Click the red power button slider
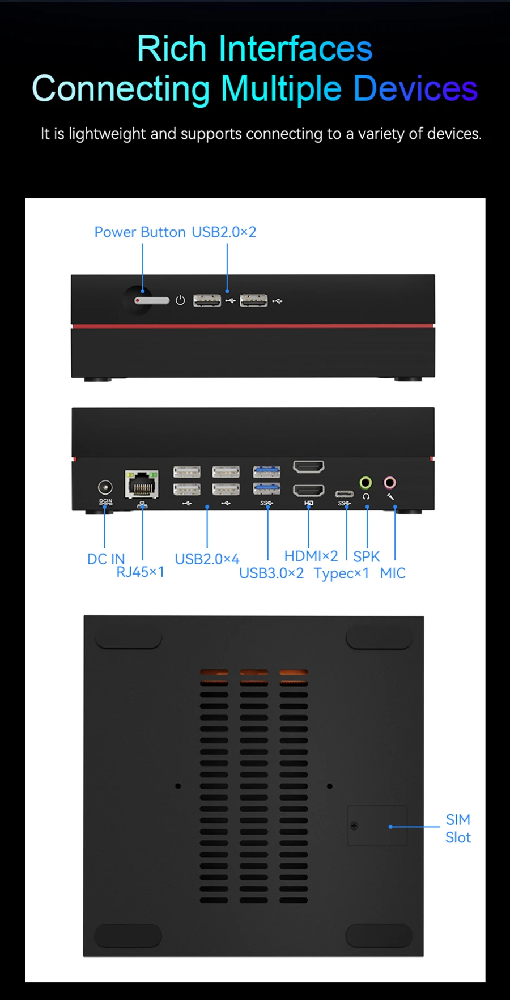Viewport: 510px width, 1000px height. (152, 300)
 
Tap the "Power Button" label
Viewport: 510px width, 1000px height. (140, 232)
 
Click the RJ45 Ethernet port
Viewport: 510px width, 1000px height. (142, 484)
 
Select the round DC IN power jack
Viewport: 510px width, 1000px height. (105, 487)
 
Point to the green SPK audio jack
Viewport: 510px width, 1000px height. (366, 483)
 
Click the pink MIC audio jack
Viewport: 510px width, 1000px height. (390, 483)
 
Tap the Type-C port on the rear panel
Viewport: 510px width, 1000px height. (344, 494)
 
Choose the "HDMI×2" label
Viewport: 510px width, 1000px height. (311, 556)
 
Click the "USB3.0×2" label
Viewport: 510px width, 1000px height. (271, 573)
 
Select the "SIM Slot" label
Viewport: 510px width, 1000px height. (458, 828)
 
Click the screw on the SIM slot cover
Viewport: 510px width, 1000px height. (354, 825)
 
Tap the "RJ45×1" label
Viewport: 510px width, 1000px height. (140, 572)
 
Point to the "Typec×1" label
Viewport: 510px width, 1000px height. (342, 573)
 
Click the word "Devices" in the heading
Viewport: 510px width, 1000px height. (415, 89)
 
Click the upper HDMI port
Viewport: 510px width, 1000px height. (309, 467)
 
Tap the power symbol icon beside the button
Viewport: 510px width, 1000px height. (180, 300)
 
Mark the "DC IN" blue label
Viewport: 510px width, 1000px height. (106, 559)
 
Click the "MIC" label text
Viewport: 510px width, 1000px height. (393, 573)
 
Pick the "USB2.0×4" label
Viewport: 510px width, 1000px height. (207, 559)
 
